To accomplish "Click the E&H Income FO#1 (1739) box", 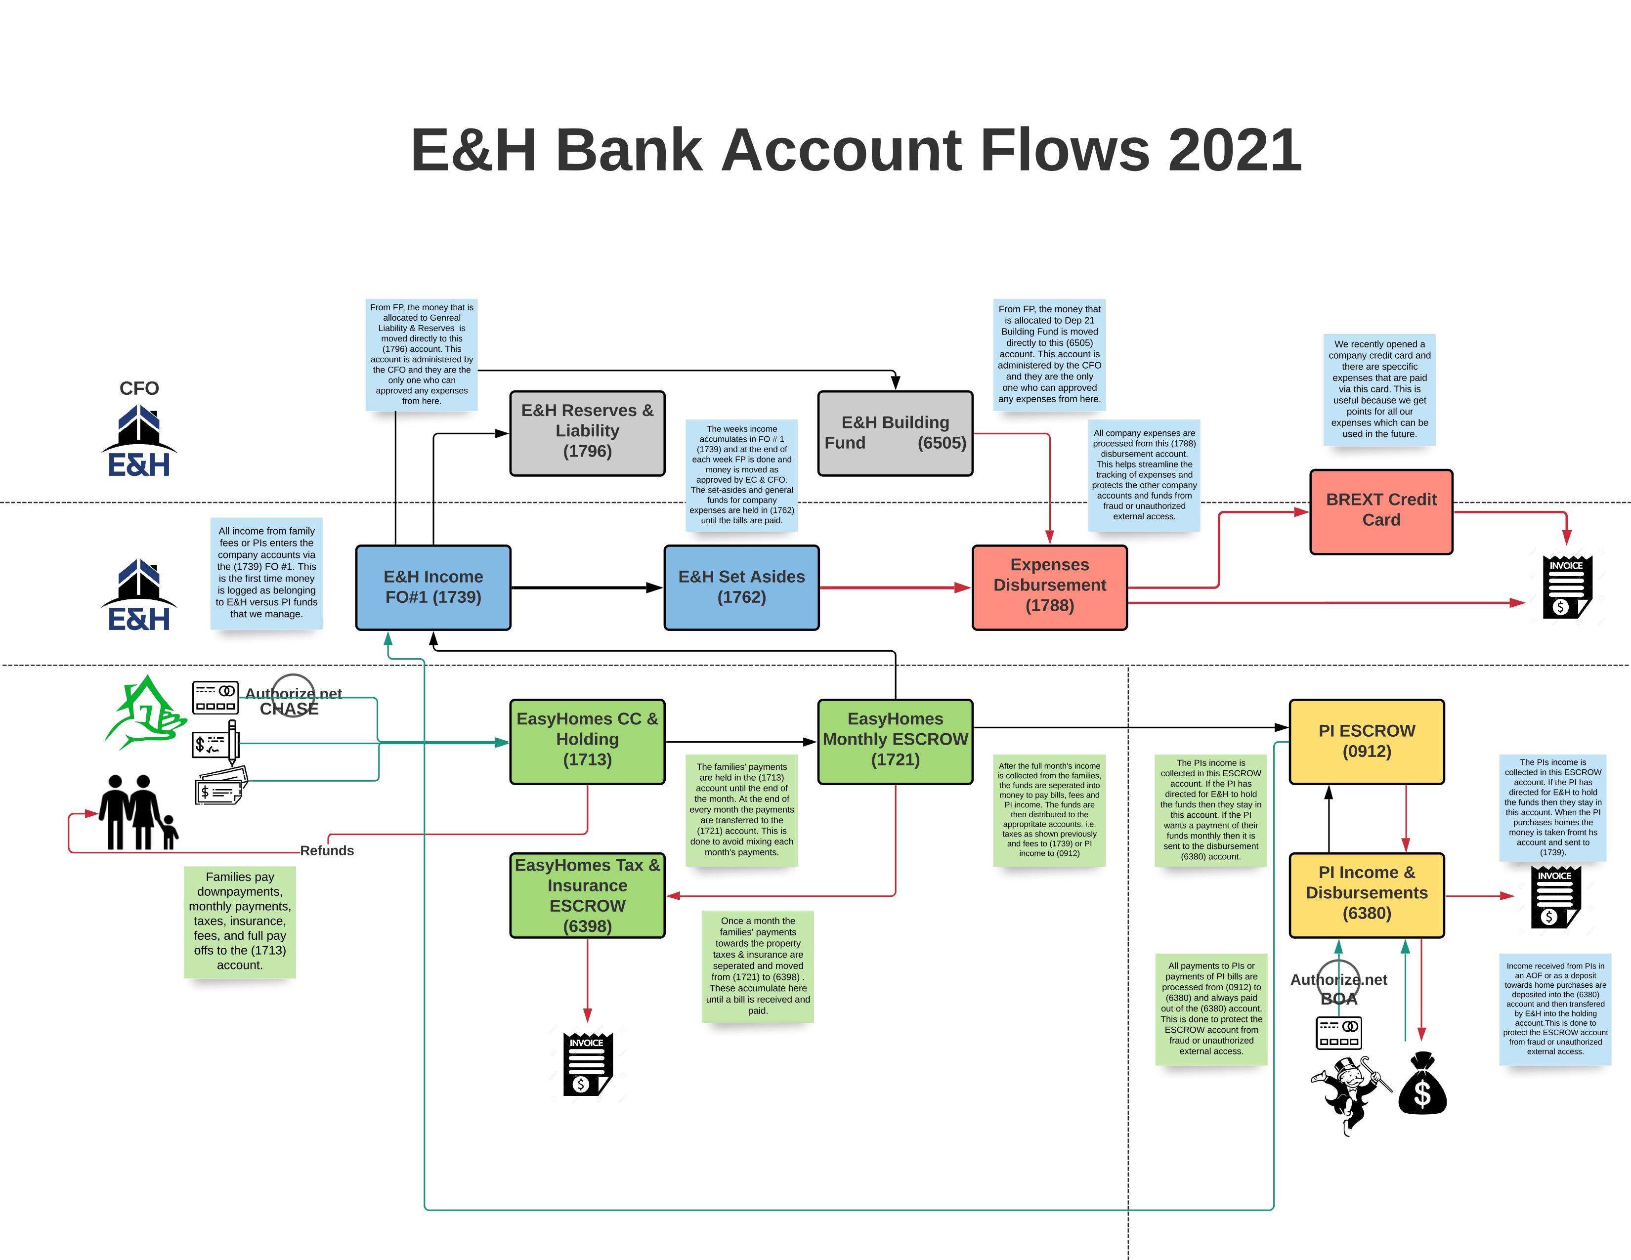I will [x=433, y=588].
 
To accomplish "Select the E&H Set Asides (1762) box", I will [x=741, y=588].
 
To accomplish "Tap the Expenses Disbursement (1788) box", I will [x=1049, y=588].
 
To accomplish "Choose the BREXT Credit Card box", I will [x=1381, y=511].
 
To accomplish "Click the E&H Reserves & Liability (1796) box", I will [x=587, y=433].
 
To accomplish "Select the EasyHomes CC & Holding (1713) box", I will [x=587, y=741].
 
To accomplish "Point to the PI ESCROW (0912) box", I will [x=1367, y=741].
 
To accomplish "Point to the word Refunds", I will [x=327, y=850].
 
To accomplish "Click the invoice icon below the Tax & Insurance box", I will [x=588, y=1064].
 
